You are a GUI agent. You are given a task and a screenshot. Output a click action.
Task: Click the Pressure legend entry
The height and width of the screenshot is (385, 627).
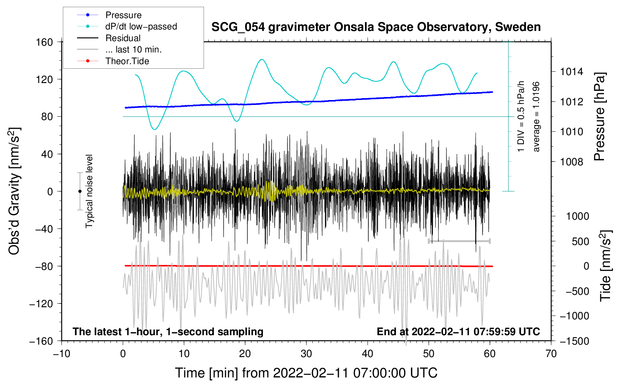click(123, 15)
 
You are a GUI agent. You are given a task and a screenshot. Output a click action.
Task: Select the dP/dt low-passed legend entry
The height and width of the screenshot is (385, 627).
click(141, 26)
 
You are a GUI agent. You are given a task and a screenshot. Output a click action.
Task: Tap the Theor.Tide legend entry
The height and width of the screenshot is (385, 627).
click(127, 61)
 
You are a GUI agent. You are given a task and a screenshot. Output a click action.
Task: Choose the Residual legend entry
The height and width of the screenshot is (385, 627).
click(123, 38)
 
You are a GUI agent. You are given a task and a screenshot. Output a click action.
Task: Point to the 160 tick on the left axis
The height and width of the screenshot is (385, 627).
click(45, 42)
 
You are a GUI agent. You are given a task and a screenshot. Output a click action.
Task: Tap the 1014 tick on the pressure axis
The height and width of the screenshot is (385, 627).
click(571, 72)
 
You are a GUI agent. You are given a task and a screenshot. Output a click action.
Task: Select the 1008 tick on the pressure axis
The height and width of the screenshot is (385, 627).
click(571, 162)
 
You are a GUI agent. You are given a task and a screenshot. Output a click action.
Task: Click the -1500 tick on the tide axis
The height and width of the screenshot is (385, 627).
click(574, 341)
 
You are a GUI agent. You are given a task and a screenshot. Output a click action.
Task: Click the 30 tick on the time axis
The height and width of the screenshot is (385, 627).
click(306, 354)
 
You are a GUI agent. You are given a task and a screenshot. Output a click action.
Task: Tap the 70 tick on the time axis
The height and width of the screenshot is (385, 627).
click(551, 354)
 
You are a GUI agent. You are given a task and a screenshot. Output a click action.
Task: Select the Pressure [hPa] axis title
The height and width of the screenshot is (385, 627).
click(599, 117)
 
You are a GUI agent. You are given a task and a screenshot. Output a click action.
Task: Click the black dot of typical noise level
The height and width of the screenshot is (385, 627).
click(80, 191)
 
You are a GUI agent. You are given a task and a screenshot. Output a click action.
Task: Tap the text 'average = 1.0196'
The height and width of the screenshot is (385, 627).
click(536, 117)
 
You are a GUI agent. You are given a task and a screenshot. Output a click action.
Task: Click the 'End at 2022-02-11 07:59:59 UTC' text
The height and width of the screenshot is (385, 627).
click(458, 331)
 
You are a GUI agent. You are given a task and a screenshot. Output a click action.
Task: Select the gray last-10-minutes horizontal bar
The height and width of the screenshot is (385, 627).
click(459, 241)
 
